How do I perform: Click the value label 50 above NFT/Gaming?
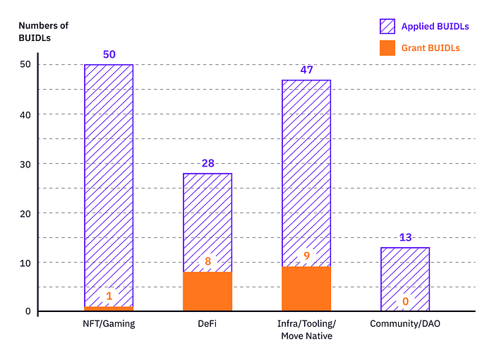[109, 54]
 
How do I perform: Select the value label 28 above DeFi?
[207, 164]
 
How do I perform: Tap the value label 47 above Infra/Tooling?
[306, 70]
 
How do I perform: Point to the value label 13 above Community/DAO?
[405, 237]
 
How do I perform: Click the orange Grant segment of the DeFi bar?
[207, 292]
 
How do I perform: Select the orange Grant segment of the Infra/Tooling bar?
[306, 289]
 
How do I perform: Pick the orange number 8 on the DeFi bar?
[207, 262]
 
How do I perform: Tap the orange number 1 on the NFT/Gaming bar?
[109, 296]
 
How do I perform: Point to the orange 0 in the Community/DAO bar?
[405, 301]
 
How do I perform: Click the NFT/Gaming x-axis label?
[109, 324]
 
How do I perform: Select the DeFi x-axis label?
[207, 324]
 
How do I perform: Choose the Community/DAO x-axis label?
[405, 324]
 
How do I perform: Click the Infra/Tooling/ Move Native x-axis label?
[306, 330]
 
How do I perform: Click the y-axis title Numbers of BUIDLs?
[43, 32]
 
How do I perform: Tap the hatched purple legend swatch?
[387, 27]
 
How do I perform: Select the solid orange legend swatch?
[387, 48]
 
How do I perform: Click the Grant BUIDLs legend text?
[430, 48]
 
